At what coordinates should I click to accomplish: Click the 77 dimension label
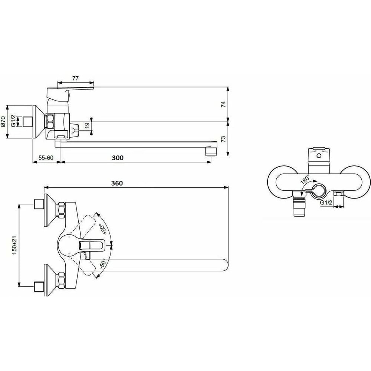coord(75,78)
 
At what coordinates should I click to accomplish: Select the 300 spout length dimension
coord(118,158)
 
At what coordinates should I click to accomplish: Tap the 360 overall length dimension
coord(117,183)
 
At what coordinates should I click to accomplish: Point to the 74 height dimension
coord(223,104)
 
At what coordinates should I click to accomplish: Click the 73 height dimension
coord(223,139)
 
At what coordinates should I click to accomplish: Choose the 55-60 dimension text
coord(46,158)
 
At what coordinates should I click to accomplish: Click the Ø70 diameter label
coord(3,121)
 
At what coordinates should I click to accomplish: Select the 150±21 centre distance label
coord(15,245)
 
